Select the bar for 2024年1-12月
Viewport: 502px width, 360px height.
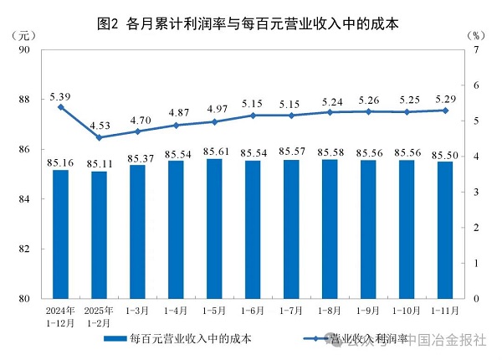click(60, 234)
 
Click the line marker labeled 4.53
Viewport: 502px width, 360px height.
click(99, 137)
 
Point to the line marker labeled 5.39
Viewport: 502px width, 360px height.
click(60, 107)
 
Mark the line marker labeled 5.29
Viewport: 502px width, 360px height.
click(445, 111)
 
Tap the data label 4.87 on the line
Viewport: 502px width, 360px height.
click(176, 112)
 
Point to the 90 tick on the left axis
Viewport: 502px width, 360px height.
click(23, 50)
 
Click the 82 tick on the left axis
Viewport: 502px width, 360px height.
click(23, 249)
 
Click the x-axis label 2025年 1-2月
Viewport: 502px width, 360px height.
click(99, 316)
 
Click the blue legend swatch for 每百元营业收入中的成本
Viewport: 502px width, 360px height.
click(114, 340)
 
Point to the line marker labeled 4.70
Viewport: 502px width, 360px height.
click(137, 131)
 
